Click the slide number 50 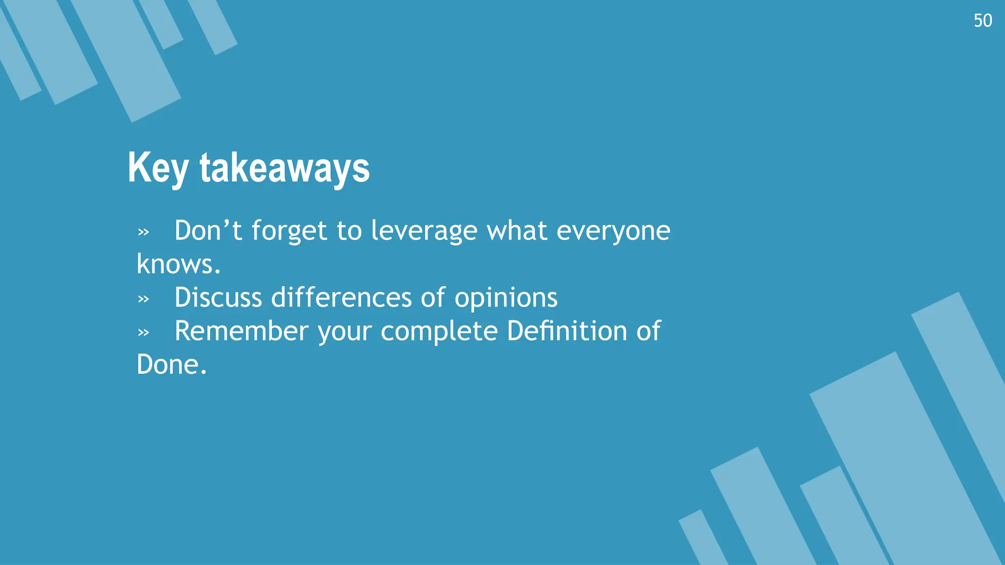(x=982, y=21)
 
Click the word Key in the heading (x=158, y=168)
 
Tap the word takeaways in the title (x=285, y=168)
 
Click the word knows (x=178, y=265)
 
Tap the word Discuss (x=218, y=298)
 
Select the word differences (x=341, y=298)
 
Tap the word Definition (x=567, y=331)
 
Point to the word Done (x=171, y=365)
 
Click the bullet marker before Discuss (x=143, y=299)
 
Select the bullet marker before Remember (x=143, y=333)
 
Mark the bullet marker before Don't (x=143, y=232)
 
